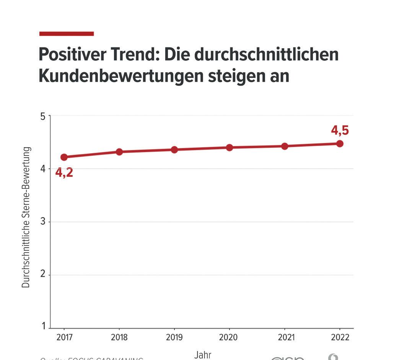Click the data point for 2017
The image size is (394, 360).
[x=64, y=157]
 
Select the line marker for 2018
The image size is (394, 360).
[x=119, y=152]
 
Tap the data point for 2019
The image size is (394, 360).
[x=174, y=150]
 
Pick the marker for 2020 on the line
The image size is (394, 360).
[x=230, y=148]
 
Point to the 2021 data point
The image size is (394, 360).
[x=285, y=146]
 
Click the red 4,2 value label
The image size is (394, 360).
[x=64, y=173]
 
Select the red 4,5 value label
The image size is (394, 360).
[x=340, y=130]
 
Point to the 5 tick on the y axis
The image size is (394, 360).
[x=43, y=116]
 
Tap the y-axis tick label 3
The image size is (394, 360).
[x=43, y=222]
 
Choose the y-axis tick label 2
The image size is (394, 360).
[x=43, y=275]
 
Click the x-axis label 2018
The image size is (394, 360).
[x=119, y=337]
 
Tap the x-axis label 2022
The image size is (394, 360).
[x=340, y=337]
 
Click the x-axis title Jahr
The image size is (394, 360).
[x=203, y=355]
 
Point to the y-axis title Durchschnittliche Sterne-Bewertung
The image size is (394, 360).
[x=26, y=217]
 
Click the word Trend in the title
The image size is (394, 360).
[x=135, y=55]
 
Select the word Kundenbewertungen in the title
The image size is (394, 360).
[x=121, y=76]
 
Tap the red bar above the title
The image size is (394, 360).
[x=67, y=34]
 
